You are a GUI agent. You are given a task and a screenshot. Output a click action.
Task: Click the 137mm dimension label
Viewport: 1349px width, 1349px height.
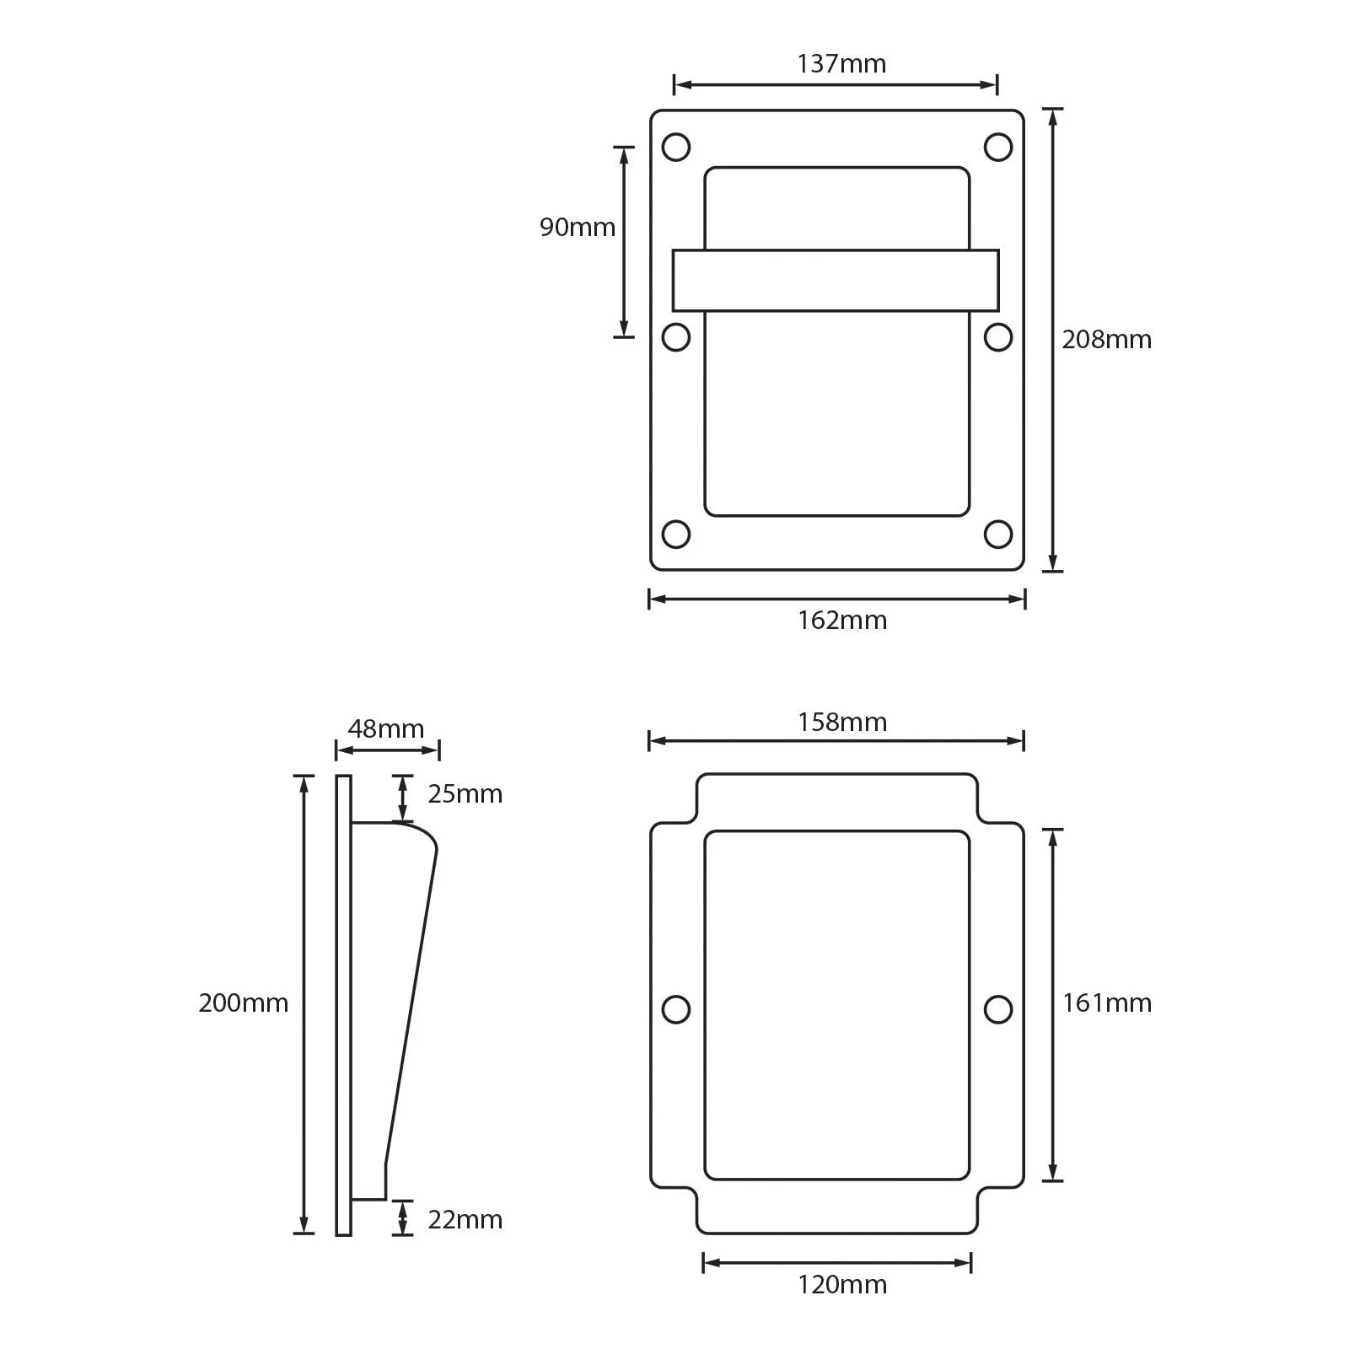pyautogui.click(x=841, y=64)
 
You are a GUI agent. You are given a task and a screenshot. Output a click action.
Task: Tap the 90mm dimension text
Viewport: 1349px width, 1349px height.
pyautogui.click(x=578, y=228)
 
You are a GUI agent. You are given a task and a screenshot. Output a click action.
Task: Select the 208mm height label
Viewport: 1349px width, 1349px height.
pyautogui.click(x=1106, y=340)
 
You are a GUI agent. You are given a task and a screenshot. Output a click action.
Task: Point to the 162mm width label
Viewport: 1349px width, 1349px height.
pyautogui.click(x=841, y=621)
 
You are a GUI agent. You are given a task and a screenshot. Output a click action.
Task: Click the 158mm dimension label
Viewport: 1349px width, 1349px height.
pyautogui.click(x=841, y=723)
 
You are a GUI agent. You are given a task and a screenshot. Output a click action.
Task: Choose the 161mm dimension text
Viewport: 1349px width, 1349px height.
pyautogui.click(x=1106, y=1003)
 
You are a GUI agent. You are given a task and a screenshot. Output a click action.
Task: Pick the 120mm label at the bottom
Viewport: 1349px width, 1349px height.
pyautogui.click(x=841, y=1285)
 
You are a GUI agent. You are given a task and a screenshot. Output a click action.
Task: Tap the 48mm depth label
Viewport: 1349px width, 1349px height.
pyautogui.click(x=386, y=729)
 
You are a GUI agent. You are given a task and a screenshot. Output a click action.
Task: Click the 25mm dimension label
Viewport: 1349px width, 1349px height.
pyautogui.click(x=465, y=794)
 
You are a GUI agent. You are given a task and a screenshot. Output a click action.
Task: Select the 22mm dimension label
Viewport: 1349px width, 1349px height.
pyautogui.click(x=465, y=1220)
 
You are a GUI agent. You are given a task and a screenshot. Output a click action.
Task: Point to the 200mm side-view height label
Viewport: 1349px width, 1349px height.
pyautogui.click(x=243, y=1003)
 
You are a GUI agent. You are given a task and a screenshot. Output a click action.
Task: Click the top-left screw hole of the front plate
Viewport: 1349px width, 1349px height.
pyautogui.click(x=676, y=148)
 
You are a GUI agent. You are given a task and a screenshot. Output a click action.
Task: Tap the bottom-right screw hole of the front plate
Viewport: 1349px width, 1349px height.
pyautogui.click(x=998, y=534)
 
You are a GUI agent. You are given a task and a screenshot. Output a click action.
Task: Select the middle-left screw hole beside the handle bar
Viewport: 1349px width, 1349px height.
pyautogui.click(x=676, y=337)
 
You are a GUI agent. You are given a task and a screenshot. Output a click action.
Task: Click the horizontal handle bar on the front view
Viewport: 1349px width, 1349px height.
pyautogui.click(x=836, y=281)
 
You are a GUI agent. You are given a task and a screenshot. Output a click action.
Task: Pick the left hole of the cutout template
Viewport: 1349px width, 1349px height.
pyautogui.click(x=676, y=1009)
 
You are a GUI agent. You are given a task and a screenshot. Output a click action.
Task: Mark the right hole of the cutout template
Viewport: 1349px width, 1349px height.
pyautogui.click(x=998, y=1009)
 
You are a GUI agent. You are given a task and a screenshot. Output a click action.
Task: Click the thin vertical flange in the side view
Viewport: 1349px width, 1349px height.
pyautogui.click(x=343, y=1003)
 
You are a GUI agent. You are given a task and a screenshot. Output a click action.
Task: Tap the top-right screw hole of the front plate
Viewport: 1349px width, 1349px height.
pyautogui.click(x=998, y=148)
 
